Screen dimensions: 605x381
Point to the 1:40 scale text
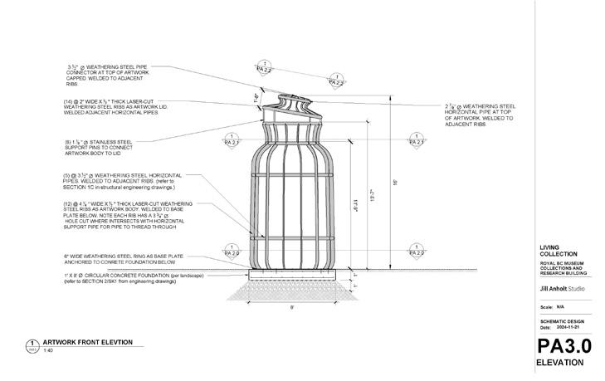click(48, 350)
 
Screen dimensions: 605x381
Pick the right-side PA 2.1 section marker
click(419, 141)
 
